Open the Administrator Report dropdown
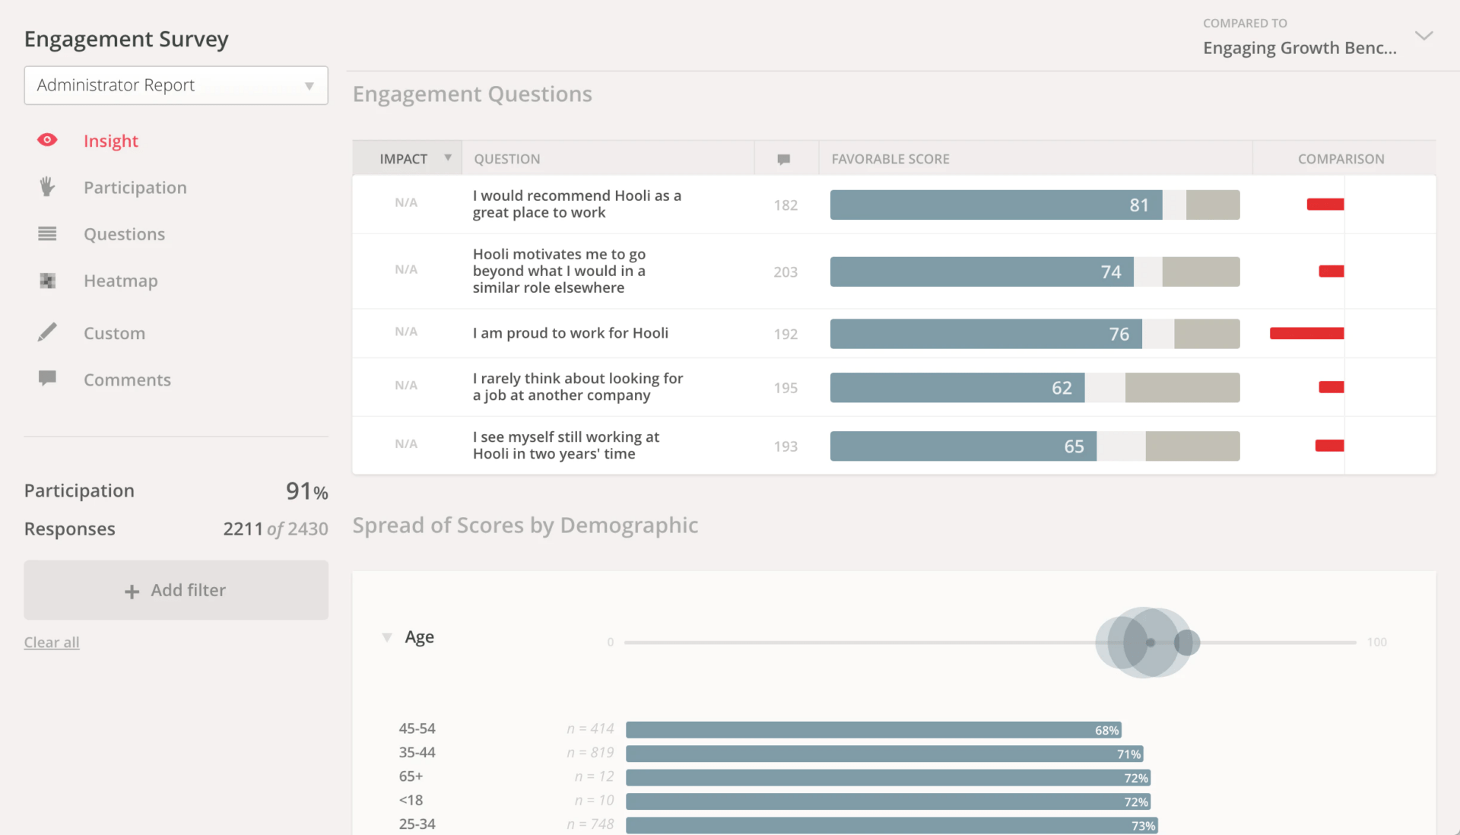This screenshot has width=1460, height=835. [x=176, y=85]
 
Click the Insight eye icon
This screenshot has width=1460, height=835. [x=47, y=140]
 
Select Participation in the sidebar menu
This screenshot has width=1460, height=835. [x=135, y=188]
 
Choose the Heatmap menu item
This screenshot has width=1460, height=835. [x=120, y=281]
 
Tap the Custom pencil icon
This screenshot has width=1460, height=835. [x=47, y=332]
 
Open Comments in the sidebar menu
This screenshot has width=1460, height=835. [x=127, y=380]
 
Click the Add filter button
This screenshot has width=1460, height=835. [x=176, y=590]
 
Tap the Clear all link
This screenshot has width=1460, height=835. [x=52, y=643]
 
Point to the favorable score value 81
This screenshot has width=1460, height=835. [x=1138, y=205]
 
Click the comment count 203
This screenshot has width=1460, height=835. [x=786, y=272]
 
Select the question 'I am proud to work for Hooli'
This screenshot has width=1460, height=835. [x=570, y=333]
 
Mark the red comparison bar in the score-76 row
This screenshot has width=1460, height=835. [x=1306, y=333]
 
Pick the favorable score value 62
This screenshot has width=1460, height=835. [x=1062, y=388]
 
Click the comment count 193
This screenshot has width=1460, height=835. [x=786, y=446]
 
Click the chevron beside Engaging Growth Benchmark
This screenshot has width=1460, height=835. [x=1423, y=36]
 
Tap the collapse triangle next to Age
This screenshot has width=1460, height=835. [x=387, y=637]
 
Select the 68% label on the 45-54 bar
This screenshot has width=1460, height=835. [x=1106, y=730]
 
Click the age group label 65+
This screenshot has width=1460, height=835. [x=411, y=776]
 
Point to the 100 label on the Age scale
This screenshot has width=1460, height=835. [x=1376, y=643]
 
